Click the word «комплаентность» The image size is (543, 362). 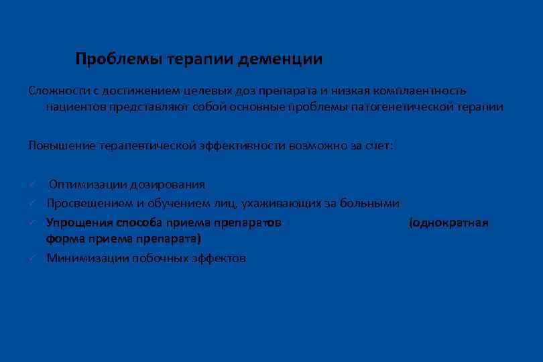tap(423, 90)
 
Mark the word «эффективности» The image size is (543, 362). tap(242, 145)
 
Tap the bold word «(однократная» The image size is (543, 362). tap(448, 222)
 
